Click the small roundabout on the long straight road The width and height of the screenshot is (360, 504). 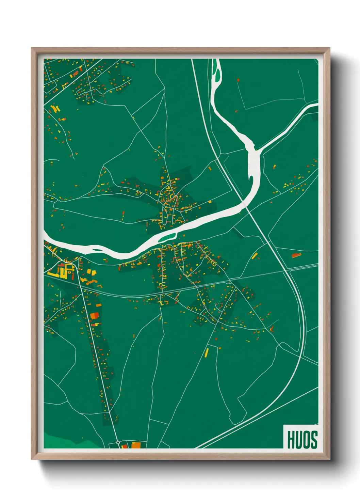pos(118,442)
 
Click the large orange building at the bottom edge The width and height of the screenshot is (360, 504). pos(136,445)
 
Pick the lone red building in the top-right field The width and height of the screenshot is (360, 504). pos(238,80)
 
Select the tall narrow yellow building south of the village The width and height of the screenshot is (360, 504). pos(206,352)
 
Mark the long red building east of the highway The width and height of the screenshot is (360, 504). pos(296,255)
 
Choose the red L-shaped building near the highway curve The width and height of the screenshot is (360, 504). pos(272,329)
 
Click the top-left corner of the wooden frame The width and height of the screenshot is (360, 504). pos(32,49)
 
